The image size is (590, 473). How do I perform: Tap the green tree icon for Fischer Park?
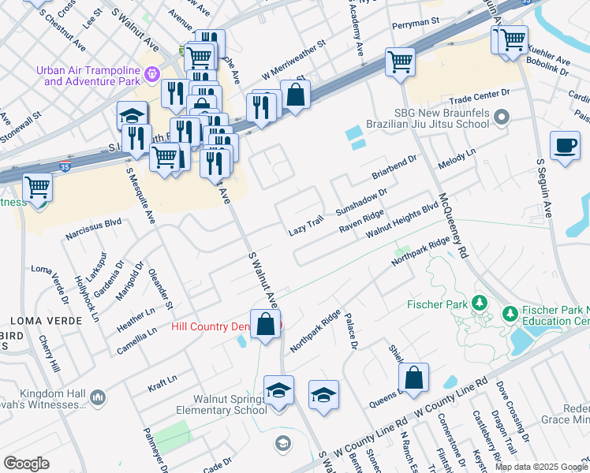click(x=479, y=304)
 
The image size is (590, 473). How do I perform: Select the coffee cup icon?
click(x=565, y=147)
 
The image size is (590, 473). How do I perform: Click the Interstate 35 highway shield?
click(x=65, y=167)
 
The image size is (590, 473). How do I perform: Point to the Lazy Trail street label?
click(x=306, y=225)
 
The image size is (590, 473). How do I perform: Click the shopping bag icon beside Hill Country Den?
click(x=267, y=323)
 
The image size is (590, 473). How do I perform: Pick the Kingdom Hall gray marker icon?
click(x=97, y=397)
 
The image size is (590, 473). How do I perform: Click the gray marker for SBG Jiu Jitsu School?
click(x=502, y=118)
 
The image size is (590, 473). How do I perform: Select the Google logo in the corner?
click(x=26, y=464)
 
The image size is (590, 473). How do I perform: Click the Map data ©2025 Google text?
click(x=541, y=467)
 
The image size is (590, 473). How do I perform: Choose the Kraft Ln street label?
click(x=162, y=384)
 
